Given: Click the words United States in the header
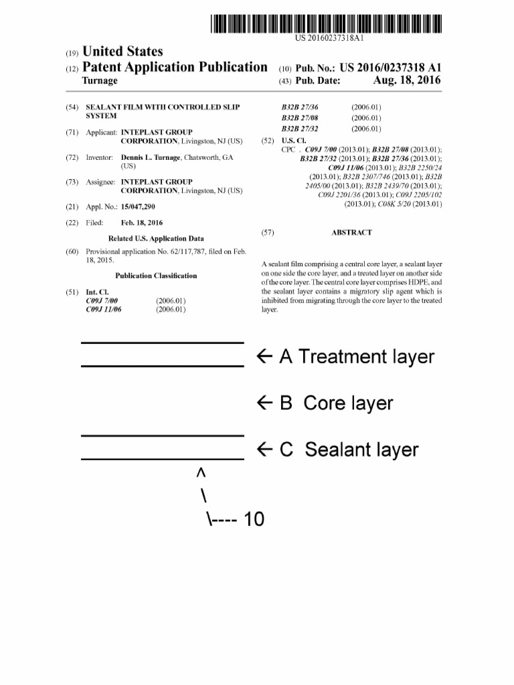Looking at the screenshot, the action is click(122, 52).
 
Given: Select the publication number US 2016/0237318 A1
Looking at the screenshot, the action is click(391, 68).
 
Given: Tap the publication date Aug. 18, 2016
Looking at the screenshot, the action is click(407, 81).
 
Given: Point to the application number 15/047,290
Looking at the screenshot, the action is click(138, 207).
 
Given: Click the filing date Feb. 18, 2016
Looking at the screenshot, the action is click(141, 223).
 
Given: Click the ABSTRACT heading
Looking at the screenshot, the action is click(351, 233).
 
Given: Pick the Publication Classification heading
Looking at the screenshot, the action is click(156, 276).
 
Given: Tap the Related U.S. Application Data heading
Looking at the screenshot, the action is click(156, 238).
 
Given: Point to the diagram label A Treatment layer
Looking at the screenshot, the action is click(357, 357).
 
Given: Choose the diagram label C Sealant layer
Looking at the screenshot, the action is click(349, 450).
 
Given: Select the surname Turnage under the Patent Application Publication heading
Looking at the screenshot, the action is click(100, 81).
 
